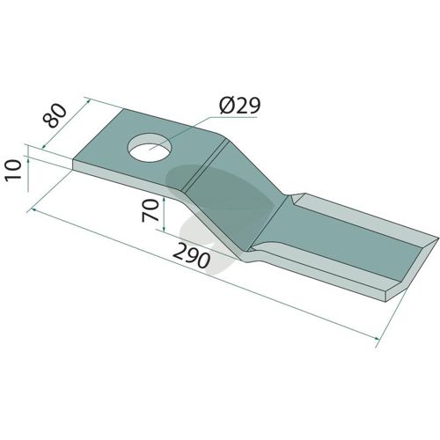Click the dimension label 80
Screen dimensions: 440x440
[55, 115]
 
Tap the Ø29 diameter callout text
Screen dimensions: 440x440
[239, 106]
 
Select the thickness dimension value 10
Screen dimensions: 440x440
[14, 170]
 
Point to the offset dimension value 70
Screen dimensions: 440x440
[150, 210]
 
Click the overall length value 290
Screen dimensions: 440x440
[192, 256]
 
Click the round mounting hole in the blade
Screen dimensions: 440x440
[150, 147]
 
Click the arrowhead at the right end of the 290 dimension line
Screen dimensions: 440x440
[378, 338]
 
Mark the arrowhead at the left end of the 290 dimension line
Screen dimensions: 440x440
[33, 209]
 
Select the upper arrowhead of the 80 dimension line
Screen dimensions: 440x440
[88, 101]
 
